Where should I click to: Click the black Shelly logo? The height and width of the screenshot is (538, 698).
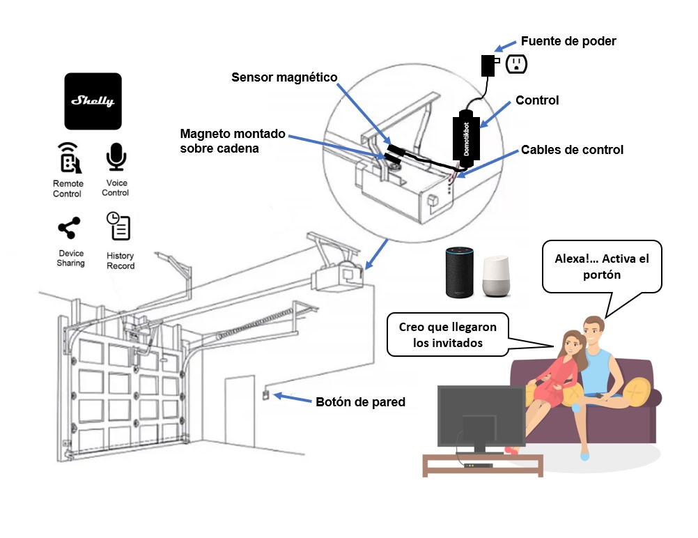pos(93,101)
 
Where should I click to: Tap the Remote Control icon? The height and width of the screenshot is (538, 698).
pos(68,158)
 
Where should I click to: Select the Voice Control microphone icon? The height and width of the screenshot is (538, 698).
pos(116,157)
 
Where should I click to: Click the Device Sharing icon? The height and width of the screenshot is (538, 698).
pos(69,229)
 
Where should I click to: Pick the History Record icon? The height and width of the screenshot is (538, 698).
pos(118,226)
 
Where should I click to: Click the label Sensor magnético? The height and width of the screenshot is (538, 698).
pos(284,77)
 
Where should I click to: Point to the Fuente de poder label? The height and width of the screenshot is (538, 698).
pos(568,42)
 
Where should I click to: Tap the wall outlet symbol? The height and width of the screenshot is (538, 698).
pos(516,64)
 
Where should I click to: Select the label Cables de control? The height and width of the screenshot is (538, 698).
pos(572,150)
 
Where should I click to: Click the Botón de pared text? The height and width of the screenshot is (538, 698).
pos(360,402)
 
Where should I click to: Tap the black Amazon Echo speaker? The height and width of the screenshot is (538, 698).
pos(460,272)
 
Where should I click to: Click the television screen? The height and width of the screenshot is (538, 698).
pos(481,416)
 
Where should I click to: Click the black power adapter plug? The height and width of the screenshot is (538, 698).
pos(488,65)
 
